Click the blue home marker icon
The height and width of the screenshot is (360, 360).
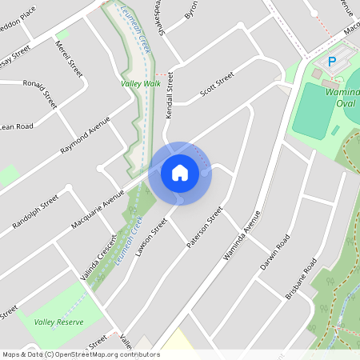pos(180,173)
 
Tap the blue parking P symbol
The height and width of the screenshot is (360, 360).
pos(331,62)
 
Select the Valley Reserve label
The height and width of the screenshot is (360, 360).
pos(59,322)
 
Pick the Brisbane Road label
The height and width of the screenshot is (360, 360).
pos(302,279)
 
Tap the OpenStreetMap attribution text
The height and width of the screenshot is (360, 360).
pos(80,354)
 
